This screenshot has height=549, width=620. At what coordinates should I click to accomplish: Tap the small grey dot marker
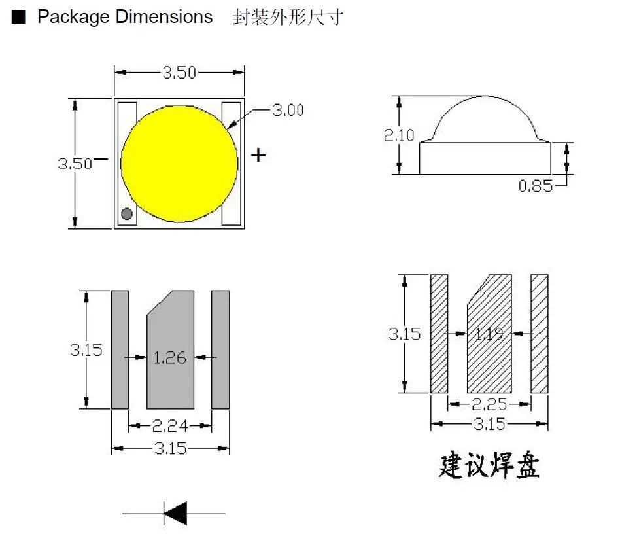(x=127, y=213)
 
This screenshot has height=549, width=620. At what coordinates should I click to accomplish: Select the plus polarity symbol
(x=259, y=155)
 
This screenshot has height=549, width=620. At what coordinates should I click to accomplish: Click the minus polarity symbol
(x=101, y=158)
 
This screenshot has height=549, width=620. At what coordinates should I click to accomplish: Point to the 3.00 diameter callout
(x=288, y=111)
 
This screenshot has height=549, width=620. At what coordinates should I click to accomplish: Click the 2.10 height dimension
(x=399, y=135)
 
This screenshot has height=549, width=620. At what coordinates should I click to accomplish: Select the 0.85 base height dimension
(x=535, y=186)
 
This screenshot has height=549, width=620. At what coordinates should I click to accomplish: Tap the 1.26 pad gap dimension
(x=170, y=358)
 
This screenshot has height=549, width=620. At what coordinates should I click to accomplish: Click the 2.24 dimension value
(x=170, y=427)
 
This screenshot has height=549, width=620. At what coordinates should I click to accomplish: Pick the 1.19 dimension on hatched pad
(x=489, y=334)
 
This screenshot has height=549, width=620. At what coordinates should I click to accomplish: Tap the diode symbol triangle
(x=175, y=513)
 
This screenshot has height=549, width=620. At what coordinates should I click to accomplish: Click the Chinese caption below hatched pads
(x=489, y=467)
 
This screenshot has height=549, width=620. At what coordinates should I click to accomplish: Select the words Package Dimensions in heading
(x=125, y=17)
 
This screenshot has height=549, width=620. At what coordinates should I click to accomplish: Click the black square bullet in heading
(x=18, y=18)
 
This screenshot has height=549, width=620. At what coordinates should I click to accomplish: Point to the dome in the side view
(x=485, y=118)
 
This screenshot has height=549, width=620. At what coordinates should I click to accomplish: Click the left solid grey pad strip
(x=120, y=350)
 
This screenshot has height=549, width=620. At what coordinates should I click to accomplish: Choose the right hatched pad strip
(x=540, y=334)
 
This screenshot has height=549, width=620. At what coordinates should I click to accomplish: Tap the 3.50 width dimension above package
(x=179, y=73)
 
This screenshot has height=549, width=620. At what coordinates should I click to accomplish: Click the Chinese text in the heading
(x=287, y=17)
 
